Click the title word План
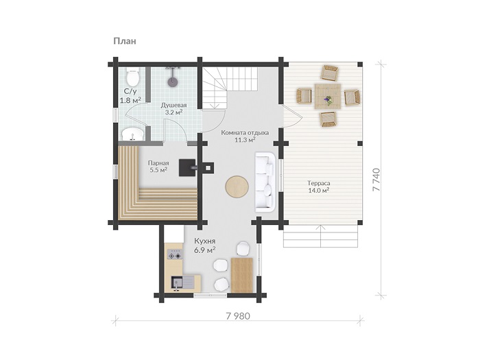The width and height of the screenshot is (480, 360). click(125, 41)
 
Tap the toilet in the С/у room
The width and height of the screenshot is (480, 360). click(133, 77)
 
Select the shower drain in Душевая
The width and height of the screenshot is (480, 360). click(173, 82)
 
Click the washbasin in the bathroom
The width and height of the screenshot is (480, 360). click(133, 134)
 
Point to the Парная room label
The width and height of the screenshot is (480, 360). click(158, 163)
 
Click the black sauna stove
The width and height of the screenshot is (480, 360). click(187, 167)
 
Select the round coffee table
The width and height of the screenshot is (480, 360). click(237, 187)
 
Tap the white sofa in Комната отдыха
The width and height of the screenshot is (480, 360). click(265, 182)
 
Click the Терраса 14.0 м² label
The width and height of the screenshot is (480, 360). click(319, 187)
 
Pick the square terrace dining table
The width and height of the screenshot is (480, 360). click(328, 96)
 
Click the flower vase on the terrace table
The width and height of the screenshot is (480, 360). click(328, 100)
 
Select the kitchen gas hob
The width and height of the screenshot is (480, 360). click(175, 254)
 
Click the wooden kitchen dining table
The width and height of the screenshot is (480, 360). click(242, 275)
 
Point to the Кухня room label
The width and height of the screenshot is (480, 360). click(205, 241)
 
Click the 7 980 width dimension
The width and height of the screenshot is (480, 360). click(238, 316)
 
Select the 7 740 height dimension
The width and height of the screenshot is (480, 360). click(376, 180)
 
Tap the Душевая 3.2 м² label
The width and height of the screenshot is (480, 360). click(174, 108)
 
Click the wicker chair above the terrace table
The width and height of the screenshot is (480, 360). click(329, 73)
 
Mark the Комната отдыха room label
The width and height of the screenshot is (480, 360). click(245, 133)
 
